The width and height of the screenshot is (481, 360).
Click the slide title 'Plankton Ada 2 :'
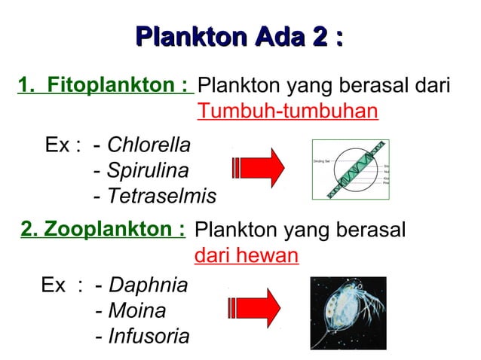[x=240, y=36]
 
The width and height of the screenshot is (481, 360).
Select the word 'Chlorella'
[x=149, y=144]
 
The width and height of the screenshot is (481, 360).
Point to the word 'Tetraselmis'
[x=161, y=197]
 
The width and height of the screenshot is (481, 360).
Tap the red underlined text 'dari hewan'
[x=247, y=255]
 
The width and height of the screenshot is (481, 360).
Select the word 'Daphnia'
[x=149, y=285]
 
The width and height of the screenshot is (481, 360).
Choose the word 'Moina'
[x=137, y=310]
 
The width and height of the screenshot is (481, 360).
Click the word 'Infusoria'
[x=149, y=336]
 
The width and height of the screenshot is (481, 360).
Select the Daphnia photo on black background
[x=348, y=312]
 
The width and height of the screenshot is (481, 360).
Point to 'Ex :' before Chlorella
[x=63, y=144]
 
